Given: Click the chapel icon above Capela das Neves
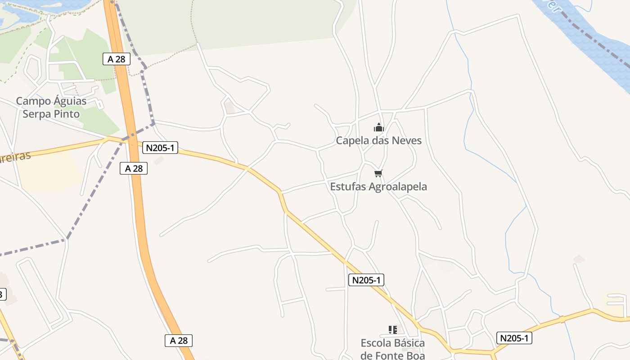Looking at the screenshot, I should tap(379, 128).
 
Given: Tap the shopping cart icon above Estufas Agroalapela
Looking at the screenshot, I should tap(378, 173).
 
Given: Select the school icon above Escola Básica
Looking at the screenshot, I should tap(392, 330).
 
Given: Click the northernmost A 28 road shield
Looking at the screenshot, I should tap(117, 59).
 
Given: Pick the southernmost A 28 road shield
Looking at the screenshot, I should tap(179, 341).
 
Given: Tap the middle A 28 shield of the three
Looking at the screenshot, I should tap(134, 169).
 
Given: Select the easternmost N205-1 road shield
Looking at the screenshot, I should tap(514, 338).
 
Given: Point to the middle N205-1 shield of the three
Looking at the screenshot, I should tap(366, 280).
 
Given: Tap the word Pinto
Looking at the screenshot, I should tap(67, 114).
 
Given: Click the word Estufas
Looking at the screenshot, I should tap(348, 187).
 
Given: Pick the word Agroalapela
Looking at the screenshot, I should tap(398, 187).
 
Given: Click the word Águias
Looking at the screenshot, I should tap(70, 101).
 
